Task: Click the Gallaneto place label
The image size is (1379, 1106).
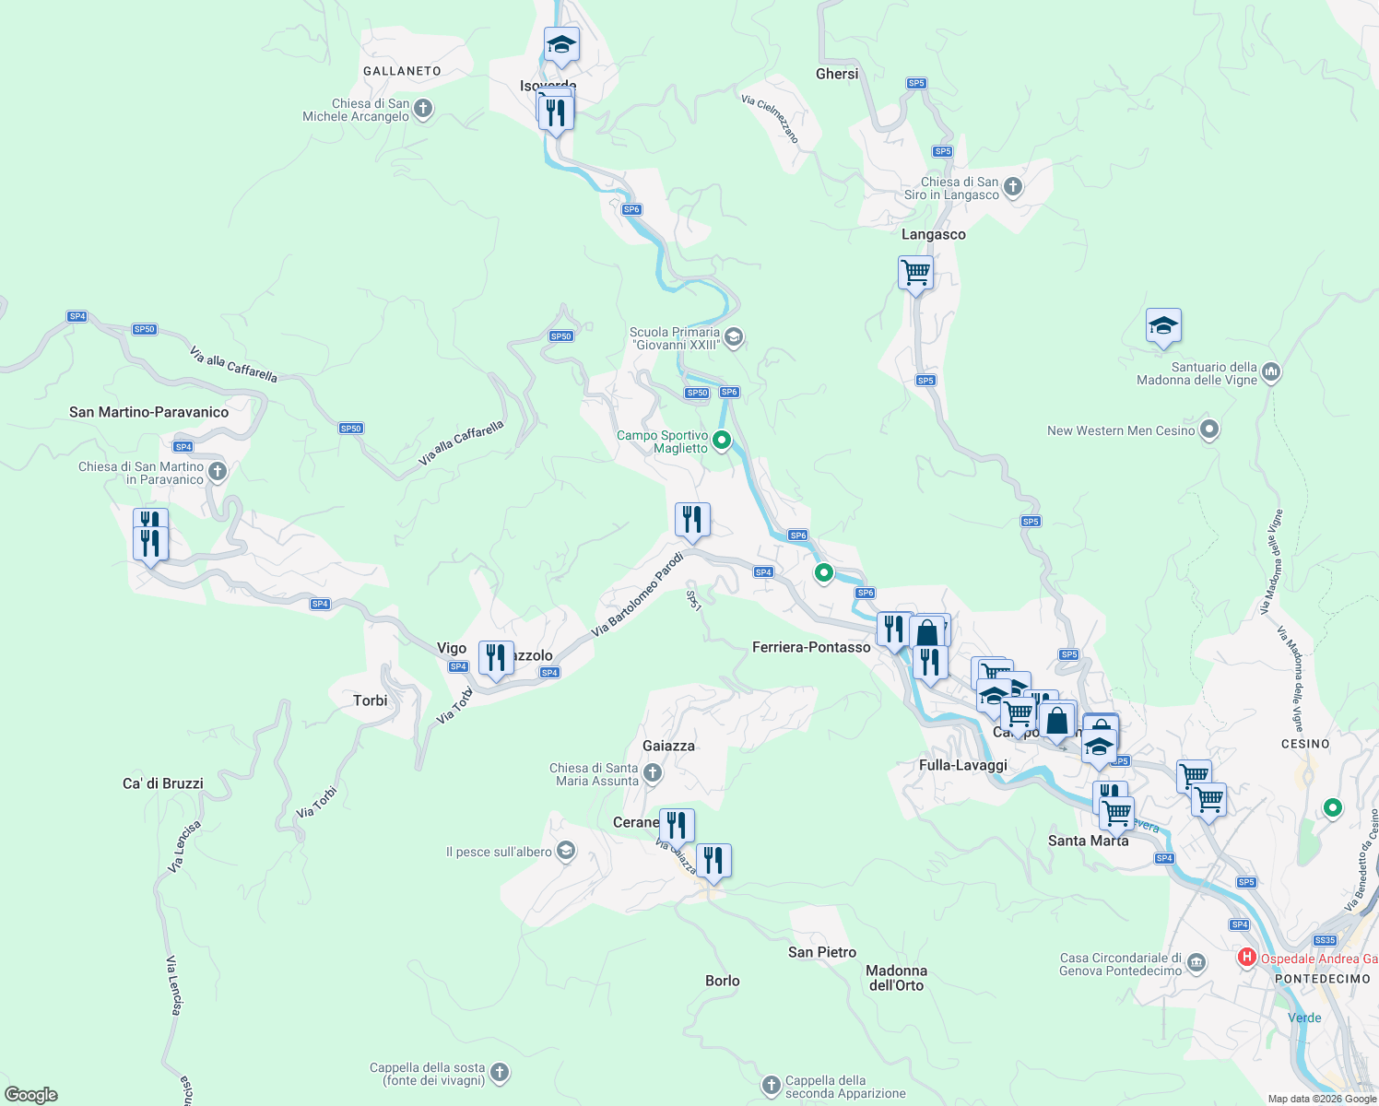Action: point(402,71)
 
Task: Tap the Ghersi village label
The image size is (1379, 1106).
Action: point(837,74)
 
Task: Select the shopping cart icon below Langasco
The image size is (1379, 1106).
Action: point(915,273)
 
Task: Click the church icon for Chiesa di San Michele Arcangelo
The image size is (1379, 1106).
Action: point(423,110)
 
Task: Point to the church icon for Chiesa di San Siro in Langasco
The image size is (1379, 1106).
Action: point(1013,188)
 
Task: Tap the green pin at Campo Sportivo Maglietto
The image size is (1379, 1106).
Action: point(722,441)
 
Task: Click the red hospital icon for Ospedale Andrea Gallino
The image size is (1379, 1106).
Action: point(1247,958)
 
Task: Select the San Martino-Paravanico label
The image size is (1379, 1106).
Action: point(148,412)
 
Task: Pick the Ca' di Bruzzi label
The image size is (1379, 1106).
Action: point(163,783)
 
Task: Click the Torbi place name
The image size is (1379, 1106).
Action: point(371,700)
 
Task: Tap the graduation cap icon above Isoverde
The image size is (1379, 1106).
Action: point(561,44)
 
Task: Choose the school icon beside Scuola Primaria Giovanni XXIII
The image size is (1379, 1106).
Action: point(733,337)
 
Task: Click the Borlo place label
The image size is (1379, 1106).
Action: point(723,981)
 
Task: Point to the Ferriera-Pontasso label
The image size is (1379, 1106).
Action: point(811,647)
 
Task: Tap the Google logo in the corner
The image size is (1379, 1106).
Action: point(31,1094)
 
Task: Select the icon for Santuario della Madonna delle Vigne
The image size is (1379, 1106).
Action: point(1271,372)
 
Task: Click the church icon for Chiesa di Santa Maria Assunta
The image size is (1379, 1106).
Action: point(653,773)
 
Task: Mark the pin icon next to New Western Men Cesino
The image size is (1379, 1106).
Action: point(1210,429)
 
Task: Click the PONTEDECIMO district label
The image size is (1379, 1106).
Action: point(1323,979)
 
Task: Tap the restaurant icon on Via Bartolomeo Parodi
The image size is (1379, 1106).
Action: point(692,520)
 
